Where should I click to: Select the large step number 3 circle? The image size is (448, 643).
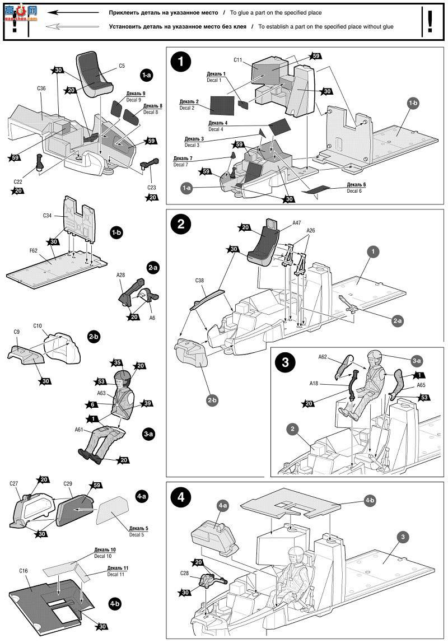[x=286, y=362]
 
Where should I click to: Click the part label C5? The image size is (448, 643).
[x=122, y=66]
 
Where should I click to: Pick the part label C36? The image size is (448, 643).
[x=41, y=88]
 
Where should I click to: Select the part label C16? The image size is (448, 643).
[x=23, y=571]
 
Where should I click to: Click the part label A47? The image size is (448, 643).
[x=296, y=222]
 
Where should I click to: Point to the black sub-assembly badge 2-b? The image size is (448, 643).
[x=94, y=337]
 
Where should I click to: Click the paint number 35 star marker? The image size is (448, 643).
[x=118, y=362]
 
